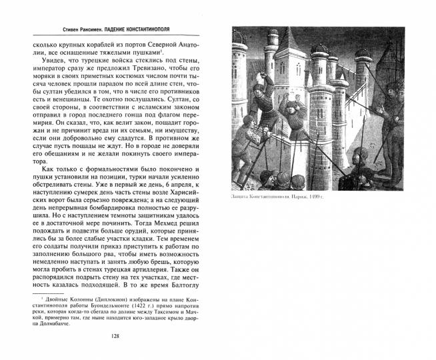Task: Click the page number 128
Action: [x=115, y=336]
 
